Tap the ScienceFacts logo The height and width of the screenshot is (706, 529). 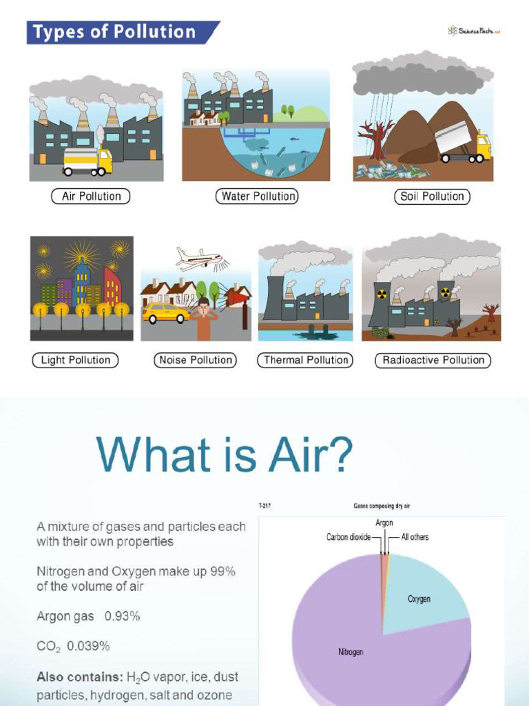click(473, 31)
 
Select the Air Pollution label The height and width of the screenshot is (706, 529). click(91, 196)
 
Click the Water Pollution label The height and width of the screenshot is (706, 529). click(258, 196)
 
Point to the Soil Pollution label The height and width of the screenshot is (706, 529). click(432, 196)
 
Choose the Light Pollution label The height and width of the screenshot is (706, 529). click(75, 360)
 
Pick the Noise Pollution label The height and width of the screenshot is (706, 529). click(196, 360)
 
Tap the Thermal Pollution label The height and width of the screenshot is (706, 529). click(306, 360)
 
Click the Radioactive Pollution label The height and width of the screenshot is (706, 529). click(433, 360)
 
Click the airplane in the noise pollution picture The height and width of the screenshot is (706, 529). click(199, 259)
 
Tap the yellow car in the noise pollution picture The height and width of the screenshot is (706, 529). click(165, 313)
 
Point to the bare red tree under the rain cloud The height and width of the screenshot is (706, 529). click(376, 138)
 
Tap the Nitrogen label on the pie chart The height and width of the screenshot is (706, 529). click(351, 652)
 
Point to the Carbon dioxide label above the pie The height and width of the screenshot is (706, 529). click(349, 537)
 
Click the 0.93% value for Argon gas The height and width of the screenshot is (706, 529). click(122, 616)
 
